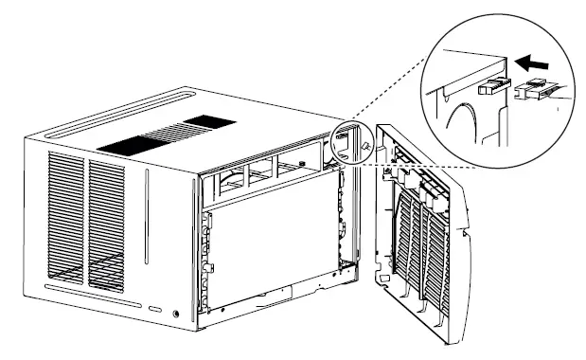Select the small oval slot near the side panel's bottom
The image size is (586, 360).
pyautogui.click(x=153, y=309)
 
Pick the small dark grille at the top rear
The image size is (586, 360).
pyautogui.click(x=209, y=121)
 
